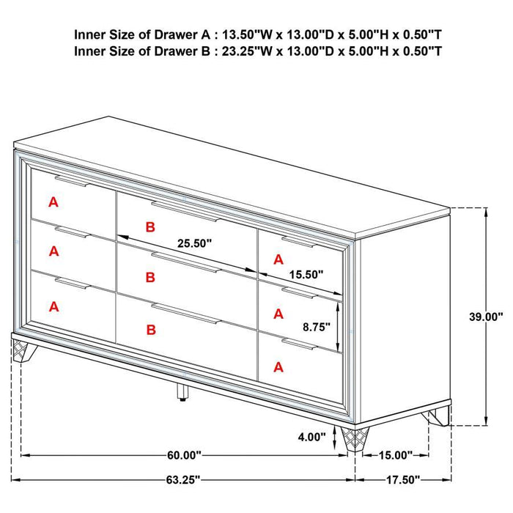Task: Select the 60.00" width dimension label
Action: tap(184, 455)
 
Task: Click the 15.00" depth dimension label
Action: tap(396, 455)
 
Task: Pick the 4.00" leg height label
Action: tap(311, 438)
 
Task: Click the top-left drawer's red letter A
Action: tap(53, 202)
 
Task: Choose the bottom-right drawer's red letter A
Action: tap(278, 366)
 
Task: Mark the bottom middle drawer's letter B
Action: tap(151, 331)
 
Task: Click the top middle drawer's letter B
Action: tap(150, 228)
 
